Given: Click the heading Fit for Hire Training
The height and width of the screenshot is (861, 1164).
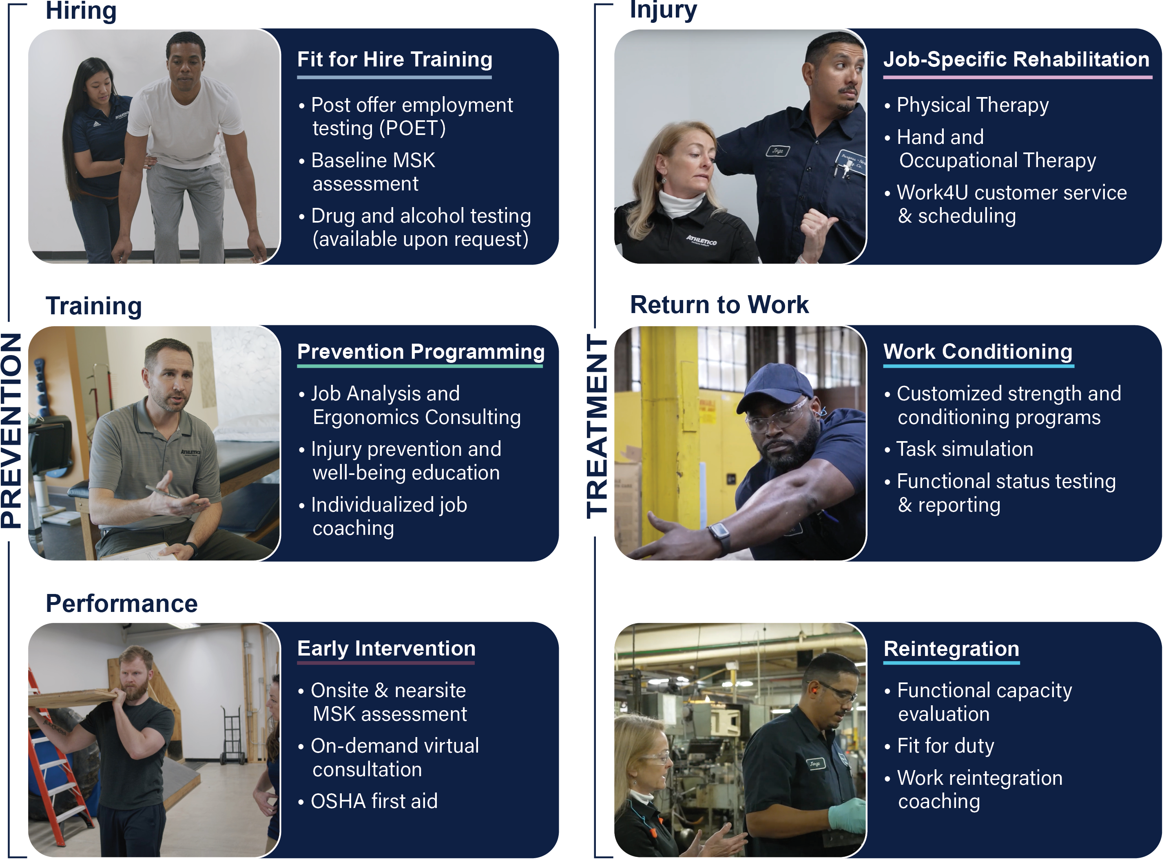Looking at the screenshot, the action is click(395, 60).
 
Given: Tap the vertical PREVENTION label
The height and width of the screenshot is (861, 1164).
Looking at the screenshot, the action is click(11, 430).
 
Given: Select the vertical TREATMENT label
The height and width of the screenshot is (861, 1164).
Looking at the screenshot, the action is click(597, 427).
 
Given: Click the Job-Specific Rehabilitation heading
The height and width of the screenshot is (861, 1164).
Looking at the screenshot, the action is click(1016, 60).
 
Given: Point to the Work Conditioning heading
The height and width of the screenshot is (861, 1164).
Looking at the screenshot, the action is click(978, 352).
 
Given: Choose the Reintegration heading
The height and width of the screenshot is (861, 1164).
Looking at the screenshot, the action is click(952, 649).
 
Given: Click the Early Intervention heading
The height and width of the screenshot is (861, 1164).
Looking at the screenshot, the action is click(386, 649).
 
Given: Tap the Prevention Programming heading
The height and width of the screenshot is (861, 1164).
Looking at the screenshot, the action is click(420, 352).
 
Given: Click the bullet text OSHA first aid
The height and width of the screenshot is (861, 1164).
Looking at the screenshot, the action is click(374, 801).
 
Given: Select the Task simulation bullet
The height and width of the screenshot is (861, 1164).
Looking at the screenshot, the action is click(964, 449).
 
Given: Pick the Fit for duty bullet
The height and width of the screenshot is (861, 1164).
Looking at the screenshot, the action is click(945, 746).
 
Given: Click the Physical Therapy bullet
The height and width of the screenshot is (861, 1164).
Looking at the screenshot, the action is click(973, 105).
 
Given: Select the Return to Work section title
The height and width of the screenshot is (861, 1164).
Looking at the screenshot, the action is click(719, 305).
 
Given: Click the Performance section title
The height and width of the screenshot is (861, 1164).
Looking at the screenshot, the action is click(122, 603).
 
